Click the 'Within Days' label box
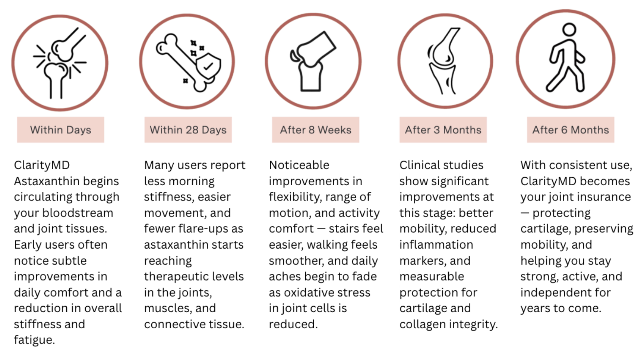pos(60,130)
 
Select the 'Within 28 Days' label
pos(188,130)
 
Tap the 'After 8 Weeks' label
pos(315,130)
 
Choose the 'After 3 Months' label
pos(443,130)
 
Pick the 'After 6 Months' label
pos(571,130)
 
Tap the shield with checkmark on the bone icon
pos(208,66)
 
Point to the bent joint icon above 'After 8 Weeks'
pos(313,61)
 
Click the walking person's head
pos(569,29)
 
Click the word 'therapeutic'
pos(194,277)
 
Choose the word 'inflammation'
pos(436,245)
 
